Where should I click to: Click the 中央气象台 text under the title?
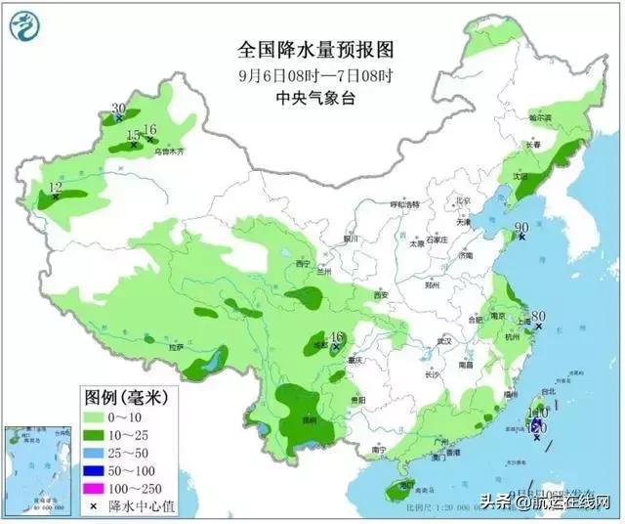(312, 97)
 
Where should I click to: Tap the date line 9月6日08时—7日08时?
(312, 74)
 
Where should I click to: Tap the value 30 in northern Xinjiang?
(119, 109)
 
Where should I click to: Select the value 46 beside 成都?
(338, 336)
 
